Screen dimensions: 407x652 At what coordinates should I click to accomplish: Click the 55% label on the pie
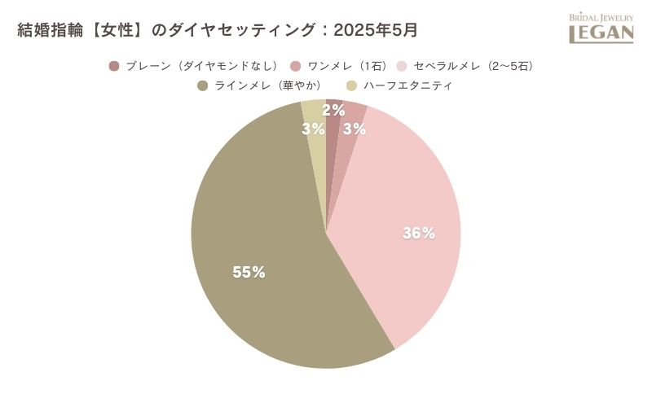(x=249, y=273)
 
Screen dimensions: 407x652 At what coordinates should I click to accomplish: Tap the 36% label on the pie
(x=418, y=234)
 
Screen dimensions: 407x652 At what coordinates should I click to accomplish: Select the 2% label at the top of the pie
(x=333, y=111)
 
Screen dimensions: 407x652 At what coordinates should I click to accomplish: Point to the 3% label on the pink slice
(x=354, y=129)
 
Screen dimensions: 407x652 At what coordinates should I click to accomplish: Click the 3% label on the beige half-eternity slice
(x=313, y=129)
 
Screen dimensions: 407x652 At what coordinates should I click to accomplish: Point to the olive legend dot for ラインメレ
(x=202, y=85)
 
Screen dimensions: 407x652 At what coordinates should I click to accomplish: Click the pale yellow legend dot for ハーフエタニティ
(x=352, y=85)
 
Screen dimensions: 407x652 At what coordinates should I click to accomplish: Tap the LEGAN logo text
(x=601, y=33)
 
